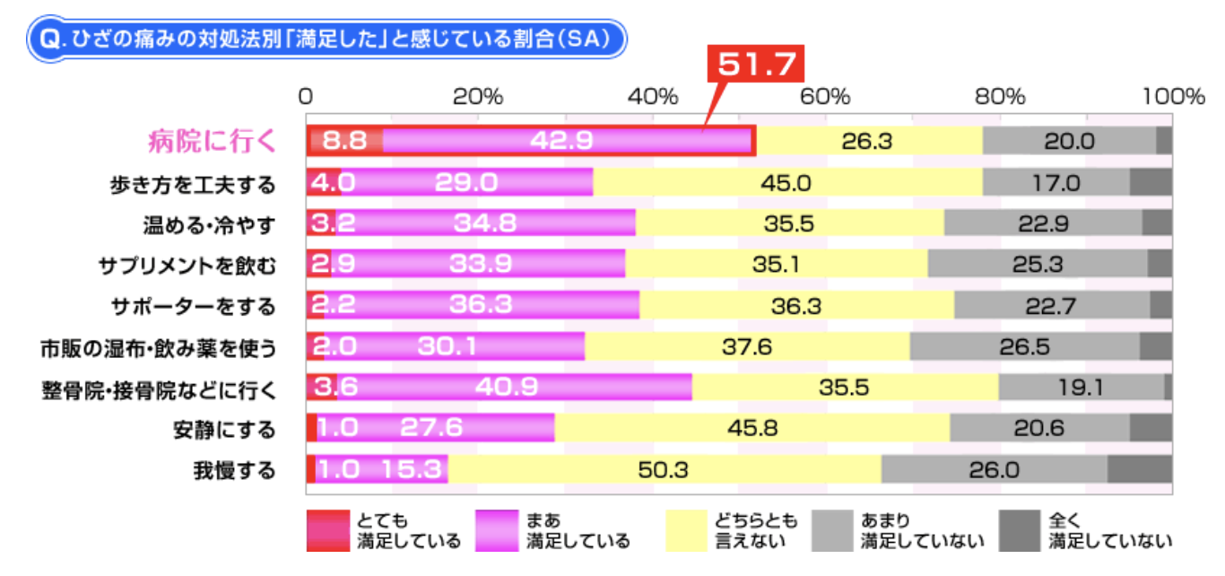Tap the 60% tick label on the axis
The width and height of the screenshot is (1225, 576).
point(825,97)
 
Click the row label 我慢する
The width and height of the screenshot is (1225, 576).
point(234,470)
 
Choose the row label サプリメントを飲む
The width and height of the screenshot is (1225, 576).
point(187,266)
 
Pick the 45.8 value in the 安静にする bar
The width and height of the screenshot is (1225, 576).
point(752,429)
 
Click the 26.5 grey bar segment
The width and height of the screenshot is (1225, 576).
point(1024,346)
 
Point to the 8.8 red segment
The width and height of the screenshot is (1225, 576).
point(344,141)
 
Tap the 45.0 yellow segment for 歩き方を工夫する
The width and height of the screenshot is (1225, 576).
point(786,182)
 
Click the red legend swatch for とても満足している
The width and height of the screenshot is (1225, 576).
point(326,530)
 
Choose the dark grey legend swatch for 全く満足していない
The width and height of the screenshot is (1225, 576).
point(1019,530)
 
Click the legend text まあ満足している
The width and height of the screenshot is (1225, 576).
point(578,530)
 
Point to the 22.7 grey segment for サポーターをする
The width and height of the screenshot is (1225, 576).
point(1050,306)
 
